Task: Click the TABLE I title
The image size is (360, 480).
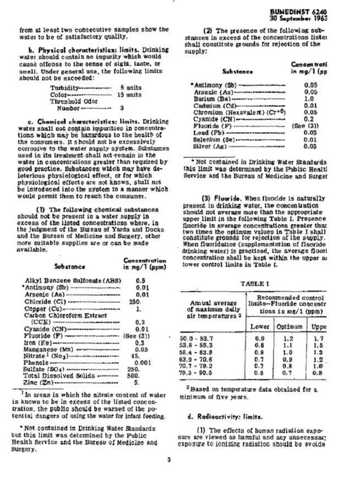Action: point(255,283)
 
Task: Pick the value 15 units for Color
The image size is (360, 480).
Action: point(129,95)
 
